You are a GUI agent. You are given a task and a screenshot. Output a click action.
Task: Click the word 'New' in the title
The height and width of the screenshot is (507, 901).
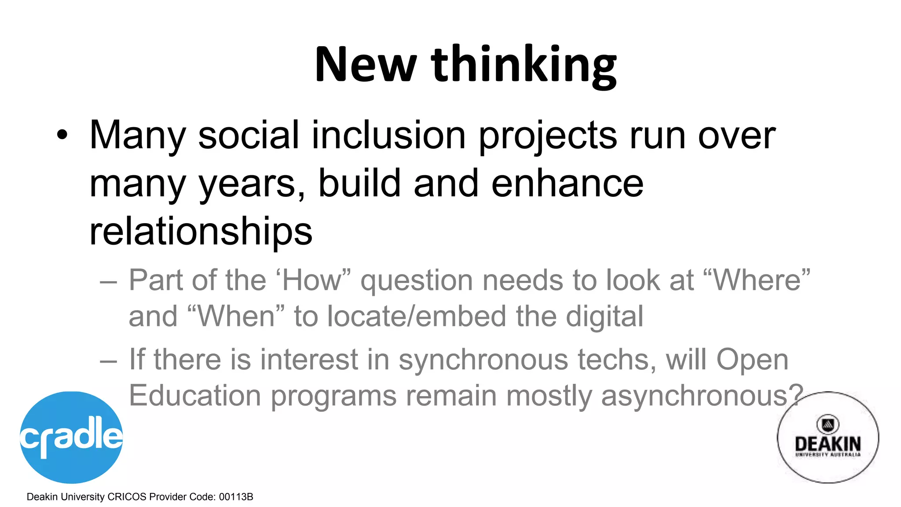click(365, 65)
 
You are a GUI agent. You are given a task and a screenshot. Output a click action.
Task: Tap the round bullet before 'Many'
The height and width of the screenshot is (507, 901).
click(62, 135)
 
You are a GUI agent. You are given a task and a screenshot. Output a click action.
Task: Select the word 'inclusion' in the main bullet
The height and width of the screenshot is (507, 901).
click(388, 135)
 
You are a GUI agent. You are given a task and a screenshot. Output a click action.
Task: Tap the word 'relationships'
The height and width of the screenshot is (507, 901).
click(201, 231)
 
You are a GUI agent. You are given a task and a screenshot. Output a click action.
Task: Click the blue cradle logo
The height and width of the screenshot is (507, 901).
click(71, 437)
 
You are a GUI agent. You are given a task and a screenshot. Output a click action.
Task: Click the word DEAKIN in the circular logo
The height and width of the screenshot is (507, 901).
click(828, 443)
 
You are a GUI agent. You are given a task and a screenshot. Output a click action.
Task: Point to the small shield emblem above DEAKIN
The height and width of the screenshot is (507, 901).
click(828, 424)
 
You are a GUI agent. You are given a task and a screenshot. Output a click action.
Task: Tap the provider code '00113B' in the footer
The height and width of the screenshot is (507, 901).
click(236, 497)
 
